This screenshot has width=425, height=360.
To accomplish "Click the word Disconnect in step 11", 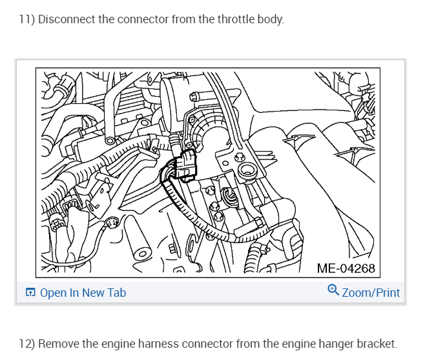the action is (x=65, y=19).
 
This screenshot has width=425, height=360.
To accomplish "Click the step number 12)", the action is (x=26, y=343).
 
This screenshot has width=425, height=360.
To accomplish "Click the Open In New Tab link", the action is (x=83, y=293).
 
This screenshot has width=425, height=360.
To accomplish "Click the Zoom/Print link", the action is (x=371, y=293).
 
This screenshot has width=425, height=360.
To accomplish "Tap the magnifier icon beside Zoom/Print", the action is (x=333, y=290).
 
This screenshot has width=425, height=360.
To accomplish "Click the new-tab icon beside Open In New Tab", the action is (x=30, y=293).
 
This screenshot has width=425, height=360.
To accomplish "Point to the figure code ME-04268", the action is (x=346, y=267).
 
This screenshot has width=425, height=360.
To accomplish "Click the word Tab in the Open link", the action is (x=117, y=293).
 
